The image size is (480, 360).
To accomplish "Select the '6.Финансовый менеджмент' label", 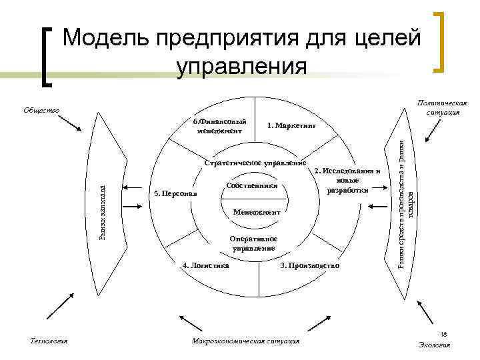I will click(219, 126).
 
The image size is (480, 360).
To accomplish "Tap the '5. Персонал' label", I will click(171, 194).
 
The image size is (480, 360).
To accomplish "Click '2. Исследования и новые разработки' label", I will click(347, 180).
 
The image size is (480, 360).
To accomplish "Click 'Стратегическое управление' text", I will click(255, 163).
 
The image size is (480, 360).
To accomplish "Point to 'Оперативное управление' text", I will click(253, 243).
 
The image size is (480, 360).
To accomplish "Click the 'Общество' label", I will click(41, 110).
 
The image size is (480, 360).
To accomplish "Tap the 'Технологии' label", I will click(49, 341).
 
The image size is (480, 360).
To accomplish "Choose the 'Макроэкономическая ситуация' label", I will click(245, 341).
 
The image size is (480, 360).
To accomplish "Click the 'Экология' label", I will click(434, 345).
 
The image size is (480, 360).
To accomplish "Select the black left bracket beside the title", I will click(47, 56).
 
